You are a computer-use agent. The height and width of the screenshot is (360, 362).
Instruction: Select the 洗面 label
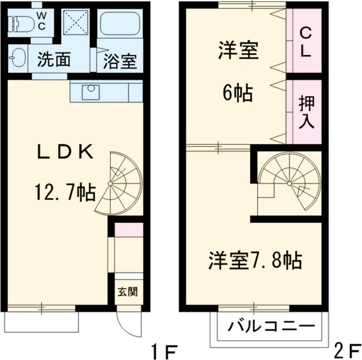(x=54, y=60)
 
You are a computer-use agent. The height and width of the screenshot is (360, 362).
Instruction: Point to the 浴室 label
(x=119, y=61)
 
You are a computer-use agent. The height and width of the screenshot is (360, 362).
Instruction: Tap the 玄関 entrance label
(x=127, y=292)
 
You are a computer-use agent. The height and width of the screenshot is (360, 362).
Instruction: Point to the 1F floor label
(x=165, y=349)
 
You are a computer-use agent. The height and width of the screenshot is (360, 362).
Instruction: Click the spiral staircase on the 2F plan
(x=288, y=181)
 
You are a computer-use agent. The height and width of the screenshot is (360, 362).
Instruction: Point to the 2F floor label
(x=346, y=349)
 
